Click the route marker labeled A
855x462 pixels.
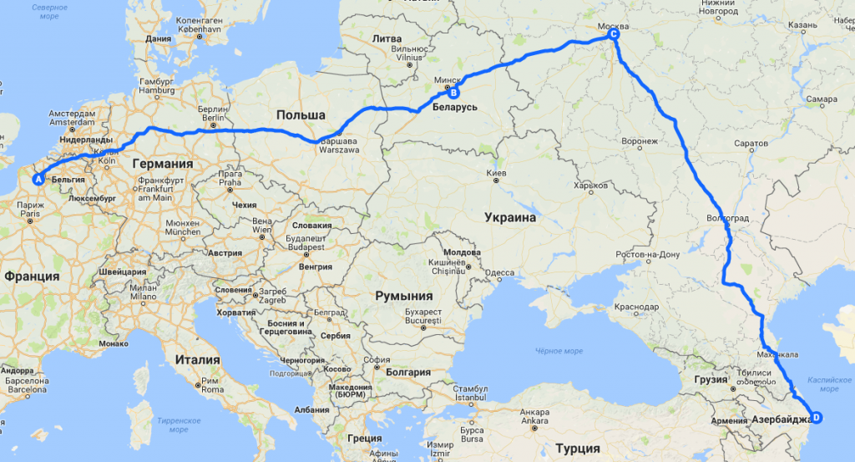37,179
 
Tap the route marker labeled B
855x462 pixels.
454,94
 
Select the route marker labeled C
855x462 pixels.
614,35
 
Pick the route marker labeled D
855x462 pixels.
816,418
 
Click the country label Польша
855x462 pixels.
301,115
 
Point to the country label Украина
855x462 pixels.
509,218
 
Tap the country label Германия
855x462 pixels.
162,164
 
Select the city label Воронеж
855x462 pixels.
640,141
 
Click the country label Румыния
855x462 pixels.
404,296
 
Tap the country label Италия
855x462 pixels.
198,360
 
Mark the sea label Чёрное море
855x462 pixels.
559,351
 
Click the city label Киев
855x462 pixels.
496,173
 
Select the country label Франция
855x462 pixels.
32,277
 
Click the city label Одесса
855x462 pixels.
500,272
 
